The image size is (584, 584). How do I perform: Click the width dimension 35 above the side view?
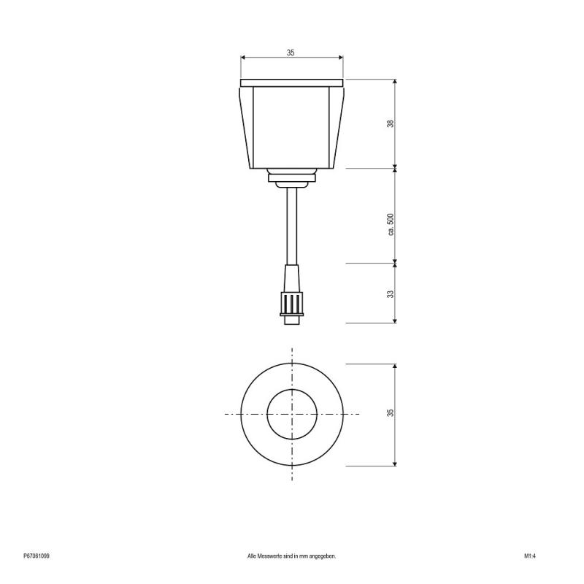(291, 53)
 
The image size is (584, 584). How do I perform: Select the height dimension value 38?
(391, 123)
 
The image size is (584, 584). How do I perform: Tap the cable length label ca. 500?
(391, 224)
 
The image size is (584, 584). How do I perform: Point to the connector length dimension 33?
(391, 293)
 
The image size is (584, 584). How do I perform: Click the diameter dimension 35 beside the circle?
(391, 413)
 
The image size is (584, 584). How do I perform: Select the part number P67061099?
(36, 556)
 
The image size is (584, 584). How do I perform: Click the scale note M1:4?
(530, 556)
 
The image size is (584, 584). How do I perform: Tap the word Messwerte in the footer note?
(274, 556)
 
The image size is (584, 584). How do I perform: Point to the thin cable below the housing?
(291, 226)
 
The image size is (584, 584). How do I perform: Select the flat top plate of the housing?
(291, 81)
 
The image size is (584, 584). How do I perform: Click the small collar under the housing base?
(291, 175)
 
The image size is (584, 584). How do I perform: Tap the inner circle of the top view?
(291, 414)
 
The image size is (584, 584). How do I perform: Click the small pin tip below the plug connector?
(291, 319)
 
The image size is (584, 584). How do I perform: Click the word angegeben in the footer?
(322, 556)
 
